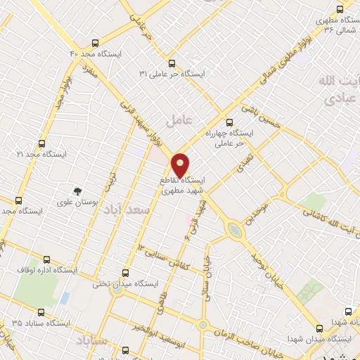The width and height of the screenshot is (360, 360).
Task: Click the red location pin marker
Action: point(181,164)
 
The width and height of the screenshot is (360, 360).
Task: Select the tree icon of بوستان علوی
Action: point(76,190)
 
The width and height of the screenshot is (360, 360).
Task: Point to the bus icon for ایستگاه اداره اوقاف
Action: point(47,259)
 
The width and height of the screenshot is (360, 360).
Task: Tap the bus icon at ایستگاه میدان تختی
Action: point(126,273)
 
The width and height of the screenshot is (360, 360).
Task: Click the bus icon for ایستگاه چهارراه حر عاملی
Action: point(226,120)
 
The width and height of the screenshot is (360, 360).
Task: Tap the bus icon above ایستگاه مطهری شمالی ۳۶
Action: point(340,9)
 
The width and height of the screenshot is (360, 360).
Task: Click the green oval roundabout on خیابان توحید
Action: point(233,229)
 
